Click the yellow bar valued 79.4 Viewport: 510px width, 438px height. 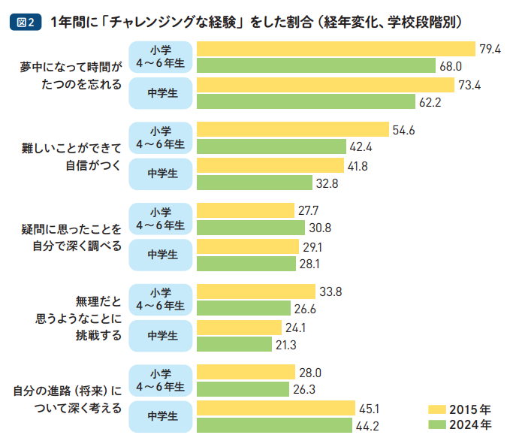336,49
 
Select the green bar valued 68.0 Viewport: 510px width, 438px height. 315,66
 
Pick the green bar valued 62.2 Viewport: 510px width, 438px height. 306,101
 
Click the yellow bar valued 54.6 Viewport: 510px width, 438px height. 292,129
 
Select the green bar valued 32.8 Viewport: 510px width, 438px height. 254,182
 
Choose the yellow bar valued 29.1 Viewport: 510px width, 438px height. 247,246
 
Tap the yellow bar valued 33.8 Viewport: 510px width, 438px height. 255,291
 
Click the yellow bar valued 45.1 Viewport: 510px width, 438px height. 276,408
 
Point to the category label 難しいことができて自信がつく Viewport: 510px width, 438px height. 71,156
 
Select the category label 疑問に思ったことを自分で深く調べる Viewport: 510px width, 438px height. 70,237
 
